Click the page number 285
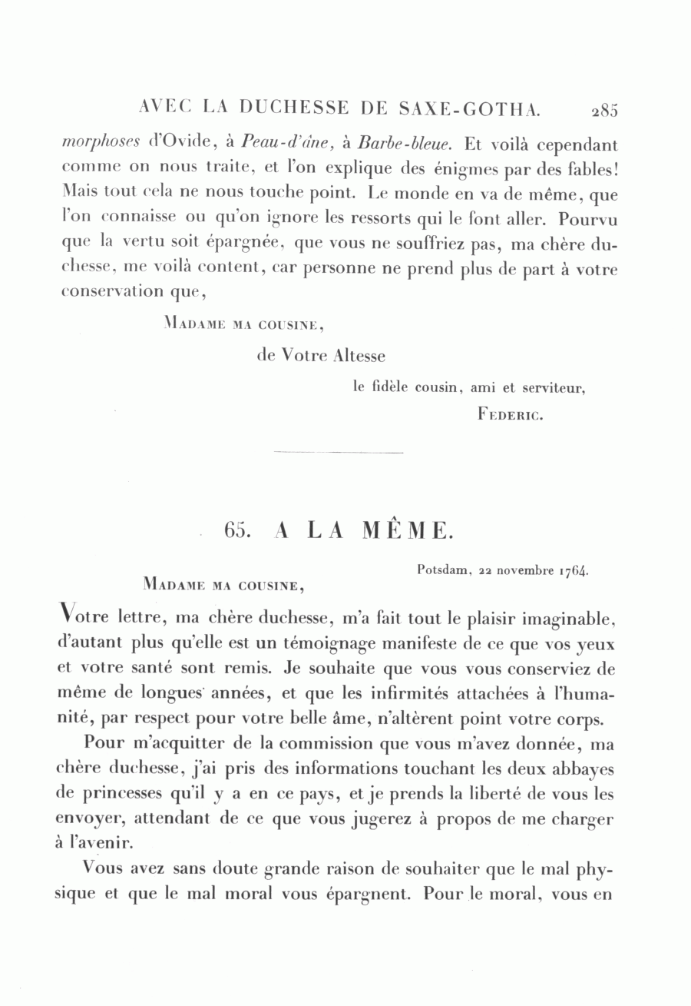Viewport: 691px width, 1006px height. [x=604, y=110]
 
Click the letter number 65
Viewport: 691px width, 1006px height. [x=234, y=531]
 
